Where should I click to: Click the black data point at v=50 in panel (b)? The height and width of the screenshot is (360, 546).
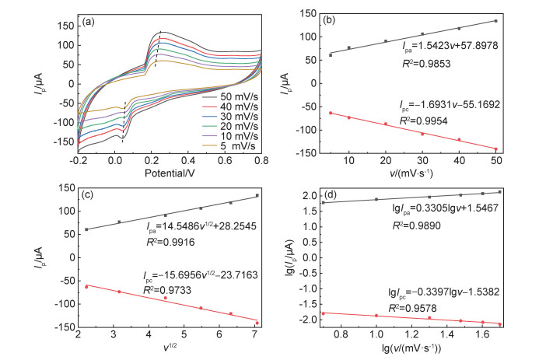pos(495,21)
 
